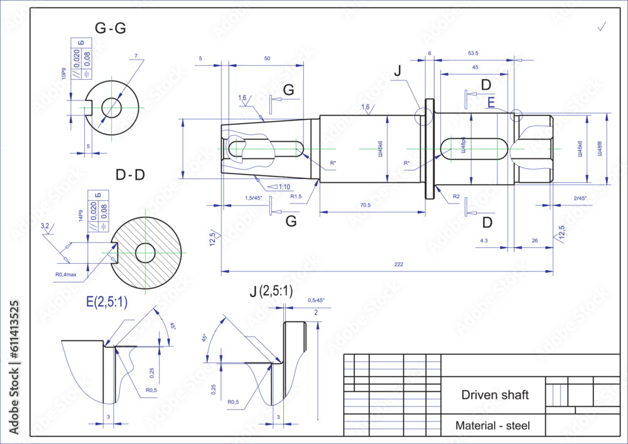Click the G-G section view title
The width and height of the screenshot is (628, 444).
click(110, 28)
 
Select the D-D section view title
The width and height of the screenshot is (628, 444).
click(130, 175)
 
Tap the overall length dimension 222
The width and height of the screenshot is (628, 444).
click(398, 265)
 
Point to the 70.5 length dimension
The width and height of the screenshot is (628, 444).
click(365, 205)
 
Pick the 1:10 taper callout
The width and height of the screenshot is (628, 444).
click(284, 187)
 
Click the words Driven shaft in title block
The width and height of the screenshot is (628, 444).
click(495, 395)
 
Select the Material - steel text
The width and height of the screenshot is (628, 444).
click(492, 426)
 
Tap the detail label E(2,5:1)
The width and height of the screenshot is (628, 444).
click(107, 302)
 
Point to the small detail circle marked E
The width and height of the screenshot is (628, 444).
click(516, 116)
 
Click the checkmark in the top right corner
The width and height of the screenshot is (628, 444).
click(602, 26)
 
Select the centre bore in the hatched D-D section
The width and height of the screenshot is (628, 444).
click(146, 253)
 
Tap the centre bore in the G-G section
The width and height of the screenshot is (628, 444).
click(112, 107)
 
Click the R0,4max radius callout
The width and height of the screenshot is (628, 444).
click(66, 274)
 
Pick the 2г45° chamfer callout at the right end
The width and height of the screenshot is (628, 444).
click(580, 198)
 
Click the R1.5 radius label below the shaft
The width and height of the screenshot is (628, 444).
click(296, 197)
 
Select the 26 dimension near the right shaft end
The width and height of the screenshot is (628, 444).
click(534, 241)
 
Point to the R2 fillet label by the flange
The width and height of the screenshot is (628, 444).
click(456, 197)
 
